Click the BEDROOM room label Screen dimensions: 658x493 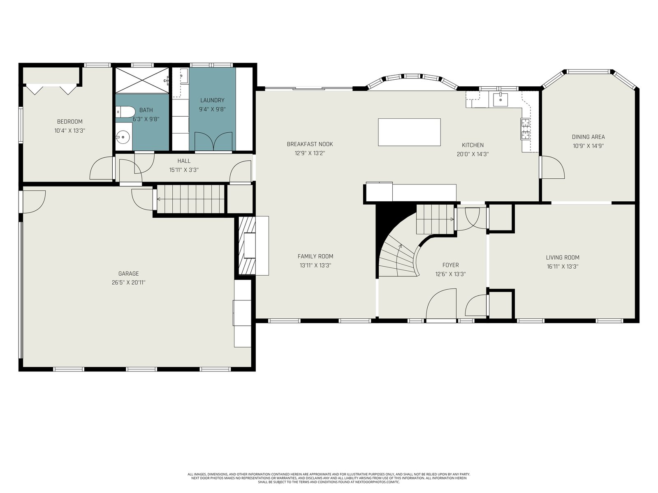70,122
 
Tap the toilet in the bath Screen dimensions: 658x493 125,112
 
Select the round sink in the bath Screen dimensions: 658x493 123,137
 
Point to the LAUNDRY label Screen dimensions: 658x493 212,100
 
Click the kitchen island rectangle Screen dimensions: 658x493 409,132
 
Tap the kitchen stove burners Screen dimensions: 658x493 525,129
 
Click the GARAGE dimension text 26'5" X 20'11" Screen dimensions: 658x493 128,282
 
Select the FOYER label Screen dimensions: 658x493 451,265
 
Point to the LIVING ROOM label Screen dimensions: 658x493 563,258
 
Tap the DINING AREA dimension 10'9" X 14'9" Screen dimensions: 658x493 588,146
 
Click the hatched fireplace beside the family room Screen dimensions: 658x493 247,245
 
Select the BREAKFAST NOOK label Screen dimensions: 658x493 310,144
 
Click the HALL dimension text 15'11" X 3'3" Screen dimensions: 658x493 184,170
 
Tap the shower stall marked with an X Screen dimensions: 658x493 142,81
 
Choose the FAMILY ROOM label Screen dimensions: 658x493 315,256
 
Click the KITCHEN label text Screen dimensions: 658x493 473,145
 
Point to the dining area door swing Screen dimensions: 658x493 553,167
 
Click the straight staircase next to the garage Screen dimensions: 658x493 191,199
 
